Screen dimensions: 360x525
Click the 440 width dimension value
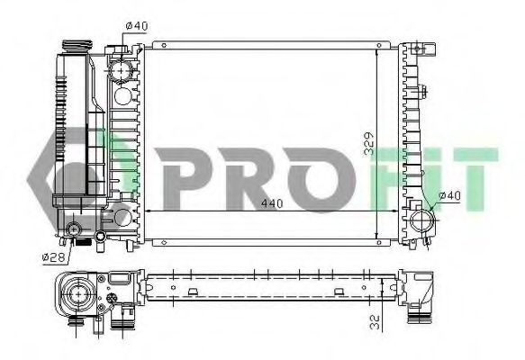click(x=272, y=203)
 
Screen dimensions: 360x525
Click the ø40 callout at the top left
click(x=136, y=25)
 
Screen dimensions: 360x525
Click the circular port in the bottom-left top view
click(x=75, y=292)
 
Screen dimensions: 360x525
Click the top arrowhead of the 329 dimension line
click(x=379, y=47)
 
